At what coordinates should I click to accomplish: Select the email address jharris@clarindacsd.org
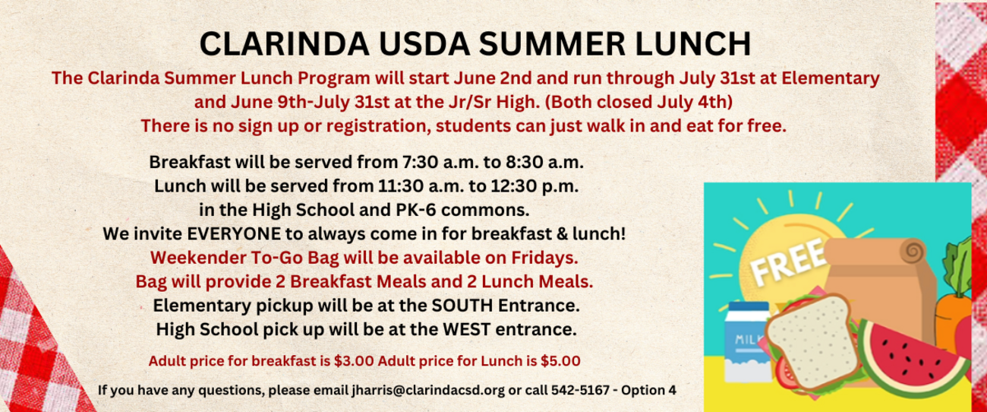(428, 391)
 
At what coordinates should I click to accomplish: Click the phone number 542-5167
(580, 391)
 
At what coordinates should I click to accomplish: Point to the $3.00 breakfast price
(354, 361)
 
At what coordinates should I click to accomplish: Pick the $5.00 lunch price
(560, 361)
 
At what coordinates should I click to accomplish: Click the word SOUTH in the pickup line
(462, 306)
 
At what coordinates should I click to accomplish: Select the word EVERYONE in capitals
(234, 234)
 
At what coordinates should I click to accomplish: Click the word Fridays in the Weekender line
(544, 258)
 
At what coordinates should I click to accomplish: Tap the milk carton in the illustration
(747, 341)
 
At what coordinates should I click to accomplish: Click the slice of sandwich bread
(812, 341)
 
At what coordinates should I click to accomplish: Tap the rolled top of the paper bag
(875, 252)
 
